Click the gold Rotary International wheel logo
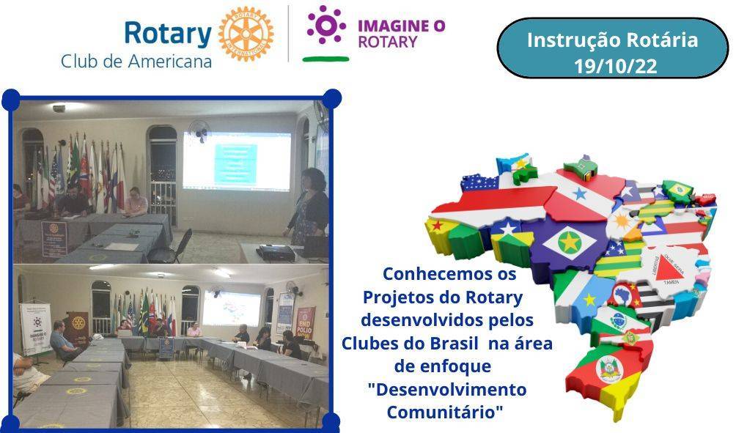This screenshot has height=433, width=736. point(246,34)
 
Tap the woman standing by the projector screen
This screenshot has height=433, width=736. point(308,209)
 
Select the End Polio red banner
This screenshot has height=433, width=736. point(304,323)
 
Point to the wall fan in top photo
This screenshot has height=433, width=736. point(199,131)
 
